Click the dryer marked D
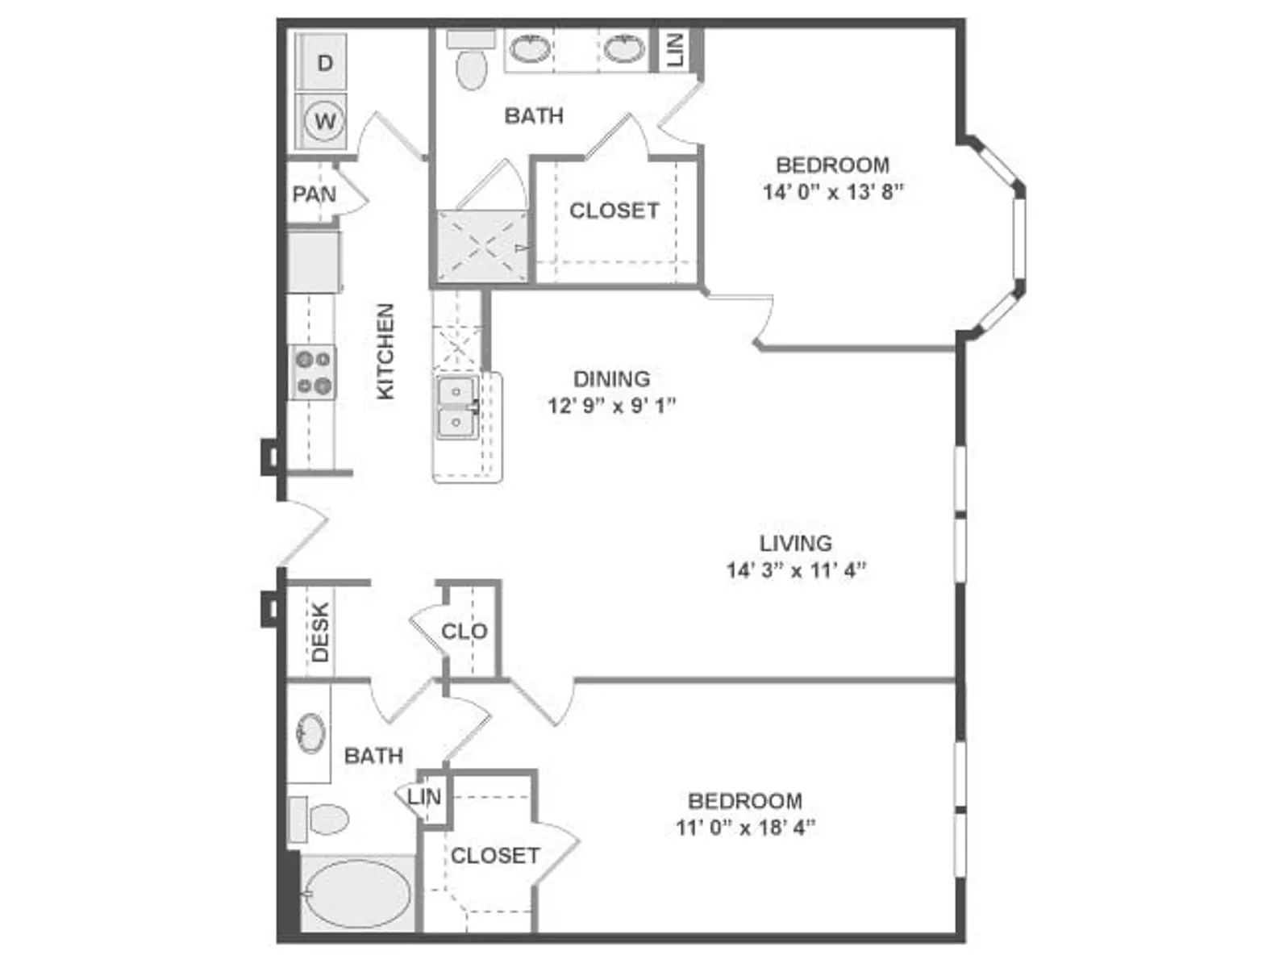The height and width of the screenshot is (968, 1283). point(321,62)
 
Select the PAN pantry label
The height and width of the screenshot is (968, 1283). point(315,194)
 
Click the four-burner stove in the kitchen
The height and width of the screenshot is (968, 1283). point(313,373)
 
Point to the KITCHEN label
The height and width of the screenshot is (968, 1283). point(385,352)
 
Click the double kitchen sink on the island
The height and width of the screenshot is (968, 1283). point(457,407)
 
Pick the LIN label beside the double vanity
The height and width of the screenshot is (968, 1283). point(674,50)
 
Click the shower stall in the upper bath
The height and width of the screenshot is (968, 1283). point(482,247)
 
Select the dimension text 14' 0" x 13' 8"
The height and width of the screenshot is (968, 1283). point(833,192)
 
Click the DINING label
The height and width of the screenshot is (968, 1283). point(611,379)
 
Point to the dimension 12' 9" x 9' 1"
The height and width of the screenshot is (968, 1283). point(611,405)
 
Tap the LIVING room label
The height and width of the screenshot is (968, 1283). point(795,543)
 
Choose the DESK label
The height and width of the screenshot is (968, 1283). point(320,632)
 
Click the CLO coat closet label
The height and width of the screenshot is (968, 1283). point(464,632)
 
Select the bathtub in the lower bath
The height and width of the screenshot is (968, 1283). point(357,894)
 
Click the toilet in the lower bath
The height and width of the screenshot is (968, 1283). point(319,819)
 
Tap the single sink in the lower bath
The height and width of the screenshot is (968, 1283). point(311,733)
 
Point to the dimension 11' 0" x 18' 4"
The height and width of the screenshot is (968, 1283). point(745,828)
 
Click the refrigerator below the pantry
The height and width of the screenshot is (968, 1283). point(314,261)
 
